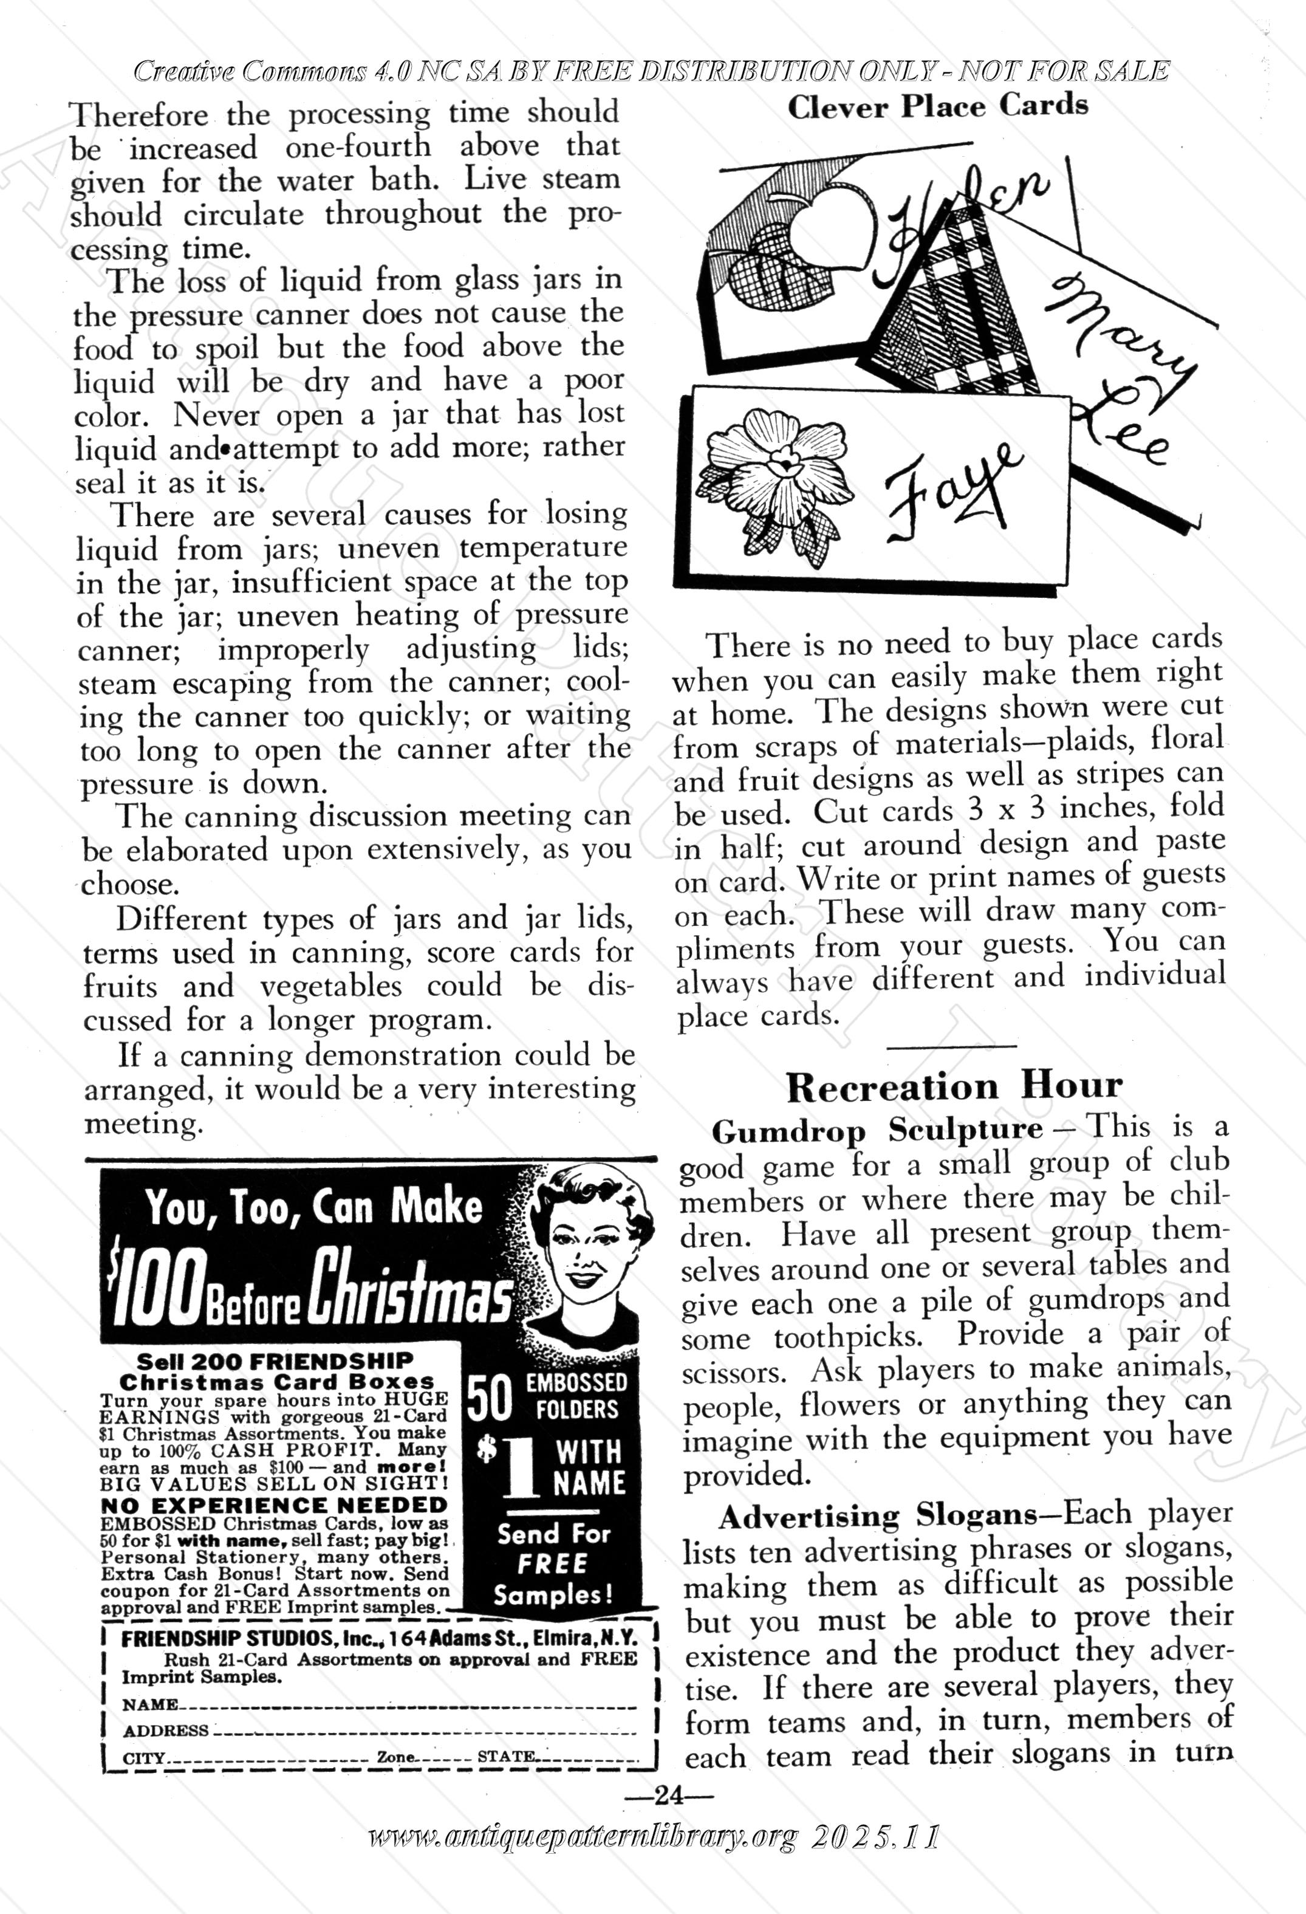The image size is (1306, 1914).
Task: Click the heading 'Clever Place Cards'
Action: click(937, 107)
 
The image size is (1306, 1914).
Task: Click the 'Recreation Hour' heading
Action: click(954, 1087)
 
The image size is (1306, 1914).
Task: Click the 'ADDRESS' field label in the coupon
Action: click(165, 1730)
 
